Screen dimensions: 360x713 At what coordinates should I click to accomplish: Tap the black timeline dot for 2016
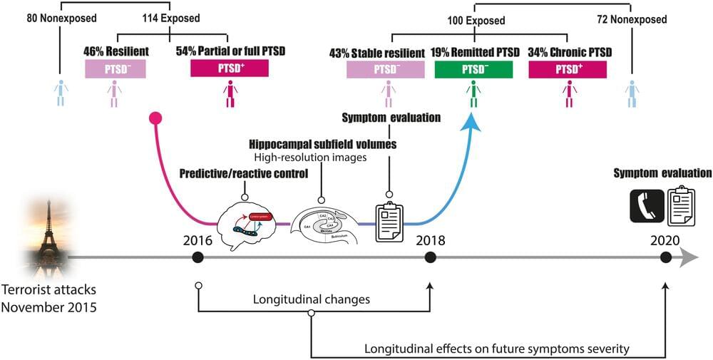point(198,257)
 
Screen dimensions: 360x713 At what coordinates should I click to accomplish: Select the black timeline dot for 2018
point(430,257)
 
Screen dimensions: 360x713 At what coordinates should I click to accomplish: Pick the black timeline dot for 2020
point(665,257)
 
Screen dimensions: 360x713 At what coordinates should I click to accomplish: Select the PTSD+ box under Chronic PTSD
point(568,69)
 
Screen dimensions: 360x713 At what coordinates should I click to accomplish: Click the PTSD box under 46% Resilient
point(115,69)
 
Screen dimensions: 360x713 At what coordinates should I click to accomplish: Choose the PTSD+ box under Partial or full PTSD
point(230,69)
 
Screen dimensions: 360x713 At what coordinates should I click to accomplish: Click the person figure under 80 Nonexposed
point(61,93)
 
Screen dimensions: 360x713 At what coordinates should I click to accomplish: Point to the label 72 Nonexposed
point(631,21)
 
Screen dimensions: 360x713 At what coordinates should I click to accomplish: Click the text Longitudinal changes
point(312,299)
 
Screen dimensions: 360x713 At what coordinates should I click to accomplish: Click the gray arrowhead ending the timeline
point(688,257)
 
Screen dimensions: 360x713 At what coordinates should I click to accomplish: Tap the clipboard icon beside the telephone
point(680,205)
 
